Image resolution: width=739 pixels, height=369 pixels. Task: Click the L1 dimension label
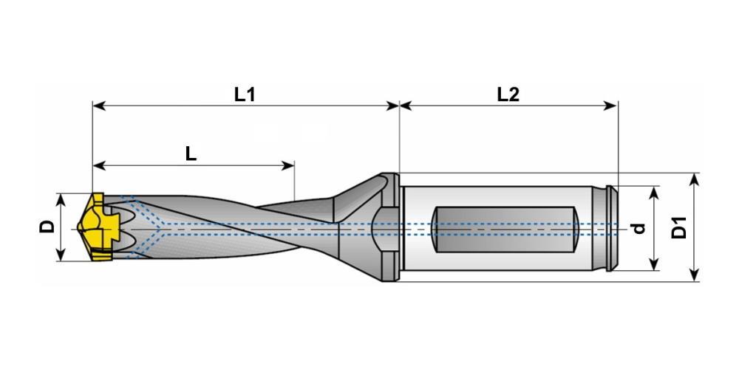click(245, 94)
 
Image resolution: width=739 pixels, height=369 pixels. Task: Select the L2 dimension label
click(508, 94)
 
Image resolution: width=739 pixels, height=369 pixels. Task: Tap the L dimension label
click(191, 154)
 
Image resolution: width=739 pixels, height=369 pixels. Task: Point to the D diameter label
click(47, 227)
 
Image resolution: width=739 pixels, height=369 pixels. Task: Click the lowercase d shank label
click(638, 228)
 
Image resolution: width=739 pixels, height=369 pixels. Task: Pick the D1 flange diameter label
click(679, 227)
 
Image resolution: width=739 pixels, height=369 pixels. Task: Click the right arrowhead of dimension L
click(288, 165)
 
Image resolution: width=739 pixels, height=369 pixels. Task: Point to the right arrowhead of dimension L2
click(610, 106)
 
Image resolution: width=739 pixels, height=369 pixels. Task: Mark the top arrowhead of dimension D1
click(694, 179)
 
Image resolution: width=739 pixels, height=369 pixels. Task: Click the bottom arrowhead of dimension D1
click(694, 275)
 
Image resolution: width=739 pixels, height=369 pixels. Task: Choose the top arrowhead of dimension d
click(654, 193)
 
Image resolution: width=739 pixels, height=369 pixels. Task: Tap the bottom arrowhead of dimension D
click(61, 254)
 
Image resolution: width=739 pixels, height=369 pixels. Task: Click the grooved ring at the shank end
click(611, 229)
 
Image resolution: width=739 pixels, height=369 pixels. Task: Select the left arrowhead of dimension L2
click(406, 106)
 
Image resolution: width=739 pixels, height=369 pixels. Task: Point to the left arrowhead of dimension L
click(100, 165)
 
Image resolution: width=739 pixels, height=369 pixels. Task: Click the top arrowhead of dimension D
click(61, 199)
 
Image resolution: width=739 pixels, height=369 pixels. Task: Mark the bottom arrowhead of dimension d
click(654, 264)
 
